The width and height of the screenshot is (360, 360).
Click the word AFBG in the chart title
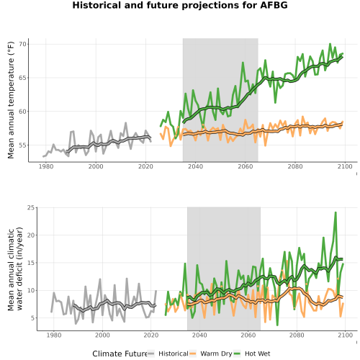pos(274,5)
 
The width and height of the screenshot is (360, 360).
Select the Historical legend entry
pos(168,354)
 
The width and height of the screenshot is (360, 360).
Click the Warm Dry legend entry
pos(211,354)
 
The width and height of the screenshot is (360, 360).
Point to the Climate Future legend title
pos(120,354)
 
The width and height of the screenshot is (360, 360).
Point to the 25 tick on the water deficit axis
pos(30,207)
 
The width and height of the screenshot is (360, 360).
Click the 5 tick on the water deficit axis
pos(32,318)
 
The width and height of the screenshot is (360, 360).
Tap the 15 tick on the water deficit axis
pos(30,263)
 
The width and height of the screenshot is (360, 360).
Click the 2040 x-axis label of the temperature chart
pos(195,166)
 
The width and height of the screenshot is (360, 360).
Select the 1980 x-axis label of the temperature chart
pos(46,166)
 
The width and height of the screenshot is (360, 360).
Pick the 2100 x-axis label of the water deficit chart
pos(345,335)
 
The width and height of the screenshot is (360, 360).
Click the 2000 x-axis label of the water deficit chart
pos(102,335)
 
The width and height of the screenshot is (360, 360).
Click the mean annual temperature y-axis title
pos(11,100)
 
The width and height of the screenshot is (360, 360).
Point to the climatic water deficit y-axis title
pos(15,269)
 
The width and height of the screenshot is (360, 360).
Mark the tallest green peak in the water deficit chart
pos(336,212)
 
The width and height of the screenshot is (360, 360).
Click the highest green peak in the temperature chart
pos(330,44)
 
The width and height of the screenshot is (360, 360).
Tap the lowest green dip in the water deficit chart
pos(277,325)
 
